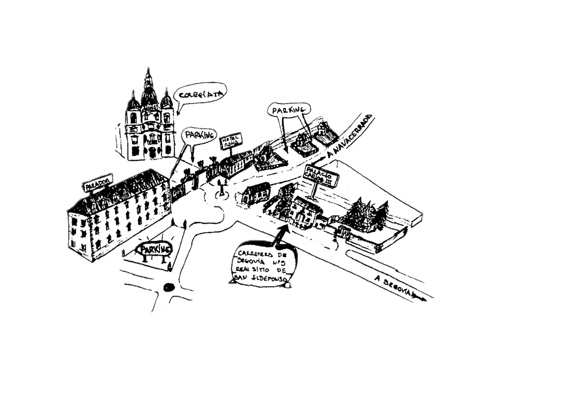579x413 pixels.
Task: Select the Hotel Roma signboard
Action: [x=232, y=142]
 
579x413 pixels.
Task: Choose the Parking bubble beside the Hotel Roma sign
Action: [x=198, y=135]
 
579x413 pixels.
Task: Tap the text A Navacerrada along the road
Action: [x=351, y=136]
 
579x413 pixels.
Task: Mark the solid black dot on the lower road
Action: [x=168, y=287]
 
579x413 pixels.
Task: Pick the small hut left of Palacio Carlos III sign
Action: [x=255, y=193]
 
